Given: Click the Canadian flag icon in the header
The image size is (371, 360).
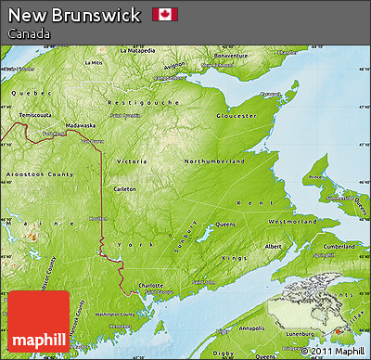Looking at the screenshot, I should pos(165,14).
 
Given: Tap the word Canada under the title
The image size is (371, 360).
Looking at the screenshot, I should pos(28,33).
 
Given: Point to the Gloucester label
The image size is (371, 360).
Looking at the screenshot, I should pos(237,116).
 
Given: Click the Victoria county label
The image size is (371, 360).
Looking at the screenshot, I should pos(131,161).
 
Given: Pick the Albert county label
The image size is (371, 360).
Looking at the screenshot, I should pos(274,247).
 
